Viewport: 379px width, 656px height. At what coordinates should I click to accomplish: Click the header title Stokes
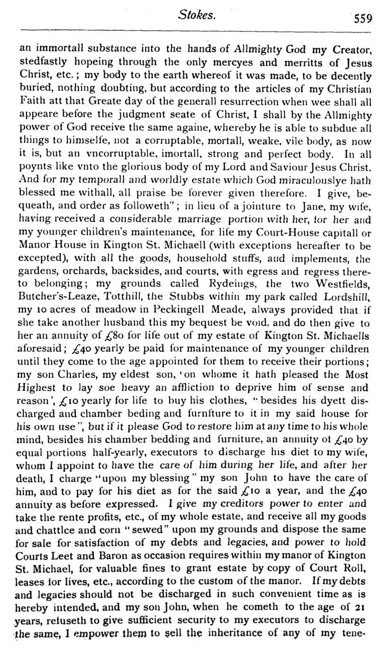(197, 15)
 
